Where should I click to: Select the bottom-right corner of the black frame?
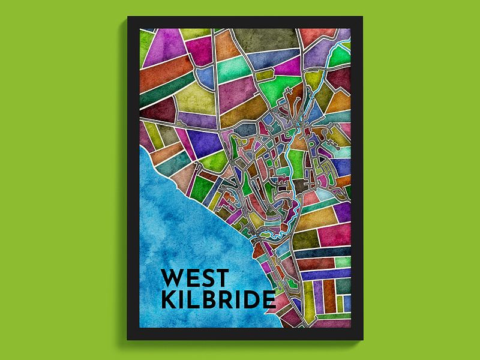[x=362, y=340]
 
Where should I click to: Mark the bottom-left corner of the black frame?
[x=128, y=340]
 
